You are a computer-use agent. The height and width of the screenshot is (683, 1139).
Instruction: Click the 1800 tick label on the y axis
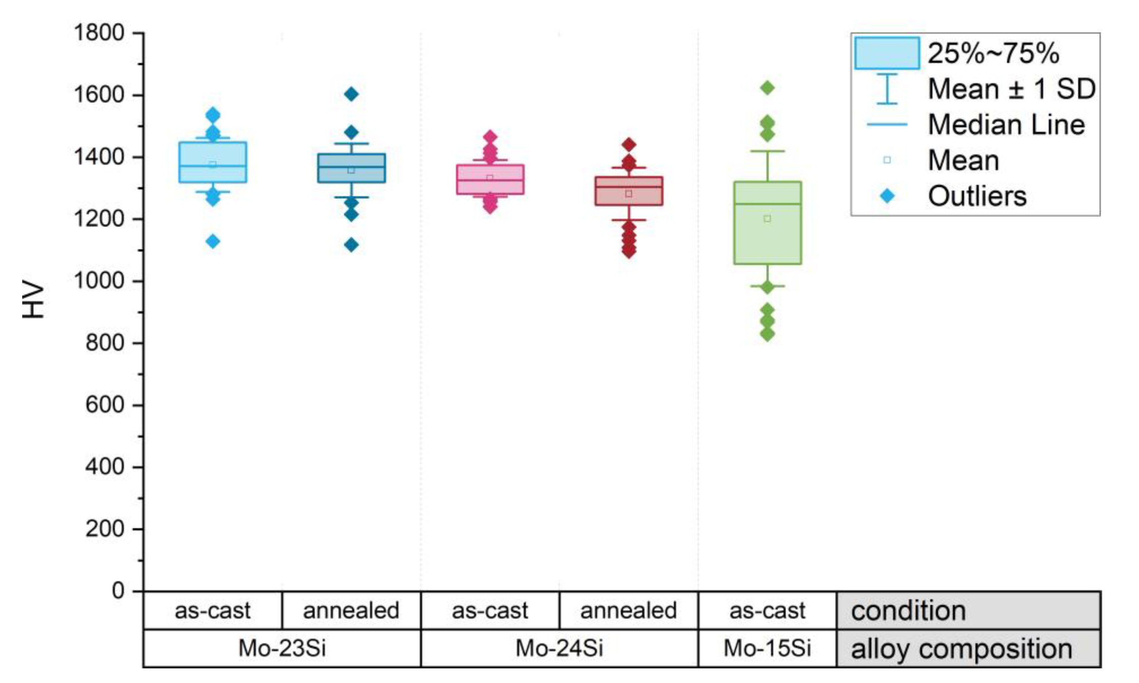pyautogui.click(x=99, y=33)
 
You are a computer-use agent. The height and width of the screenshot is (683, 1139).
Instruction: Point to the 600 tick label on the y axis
pyautogui.click(x=105, y=405)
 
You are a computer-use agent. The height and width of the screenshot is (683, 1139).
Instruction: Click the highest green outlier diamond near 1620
pyautogui.click(x=767, y=88)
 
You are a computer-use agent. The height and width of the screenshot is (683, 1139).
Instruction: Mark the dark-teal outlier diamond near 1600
pyautogui.click(x=351, y=94)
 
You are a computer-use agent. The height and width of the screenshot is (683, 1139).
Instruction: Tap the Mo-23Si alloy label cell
pyautogui.click(x=282, y=648)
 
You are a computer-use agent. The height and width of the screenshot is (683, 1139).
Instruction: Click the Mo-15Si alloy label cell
pyautogui.click(x=767, y=648)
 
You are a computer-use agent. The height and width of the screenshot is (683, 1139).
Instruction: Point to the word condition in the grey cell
pyautogui.click(x=908, y=611)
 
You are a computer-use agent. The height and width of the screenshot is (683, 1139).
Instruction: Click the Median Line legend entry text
pyautogui.click(x=1006, y=125)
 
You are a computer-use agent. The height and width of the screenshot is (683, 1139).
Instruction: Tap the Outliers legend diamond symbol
pyautogui.click(x=887, y=197)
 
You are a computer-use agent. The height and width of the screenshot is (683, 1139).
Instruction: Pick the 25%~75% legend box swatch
pyautogui.click(x=887, y=53)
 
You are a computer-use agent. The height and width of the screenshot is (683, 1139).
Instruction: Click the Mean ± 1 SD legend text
pyautogui.click(x=1011, y=89)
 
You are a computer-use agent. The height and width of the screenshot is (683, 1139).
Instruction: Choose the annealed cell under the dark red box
pyautogui.click(x=629, y=611)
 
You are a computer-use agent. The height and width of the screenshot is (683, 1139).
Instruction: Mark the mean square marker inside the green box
pyautogui.click(x=767, y=219)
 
